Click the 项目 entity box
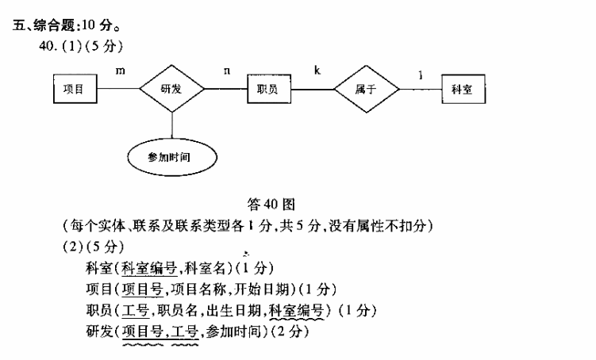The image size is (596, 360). [x=75, y=89]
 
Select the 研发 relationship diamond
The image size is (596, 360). [x=172, y=89]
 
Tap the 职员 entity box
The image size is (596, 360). [x=267, y=89]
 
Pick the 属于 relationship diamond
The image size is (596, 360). [x=365, y=89]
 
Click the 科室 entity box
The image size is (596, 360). [x=463, y=89]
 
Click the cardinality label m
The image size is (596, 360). [x=121, y=71]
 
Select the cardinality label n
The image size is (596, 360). [x=228, y=71]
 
